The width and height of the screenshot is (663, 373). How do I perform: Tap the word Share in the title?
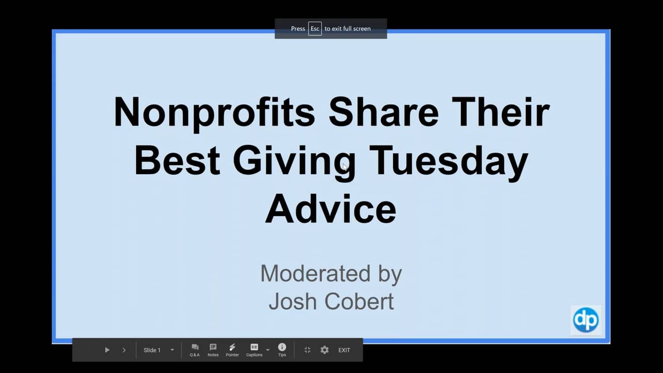pyautogui.click(x=384, y=112)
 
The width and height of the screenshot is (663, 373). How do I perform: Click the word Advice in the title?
pyautogui.click(x=330, y=209)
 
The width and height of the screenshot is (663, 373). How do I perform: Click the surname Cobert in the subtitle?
pyautogui.click(x=359, y=302)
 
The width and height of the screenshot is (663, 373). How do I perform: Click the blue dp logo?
pyautogui.click(x=586, y=320)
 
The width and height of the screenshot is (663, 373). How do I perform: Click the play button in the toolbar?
pyautogui.click(x=107, y=350)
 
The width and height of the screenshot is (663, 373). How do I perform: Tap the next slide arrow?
pyautogui.click(x=124, y=350)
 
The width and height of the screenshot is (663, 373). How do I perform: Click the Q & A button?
pyautogui.click(x=195, y=350)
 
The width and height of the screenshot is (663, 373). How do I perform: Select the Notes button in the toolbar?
pyautogui.click(x=213, y=350)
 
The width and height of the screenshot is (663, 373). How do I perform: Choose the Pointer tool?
pyautogui.click(x=233, y=350)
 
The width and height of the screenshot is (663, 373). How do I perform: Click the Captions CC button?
pyautogui.click(x=254, y=350)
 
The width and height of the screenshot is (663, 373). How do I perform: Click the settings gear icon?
pyautogui.click(x=324, y=350)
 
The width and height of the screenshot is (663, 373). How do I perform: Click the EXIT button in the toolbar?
pyautogui.click(x=344, y=350)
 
